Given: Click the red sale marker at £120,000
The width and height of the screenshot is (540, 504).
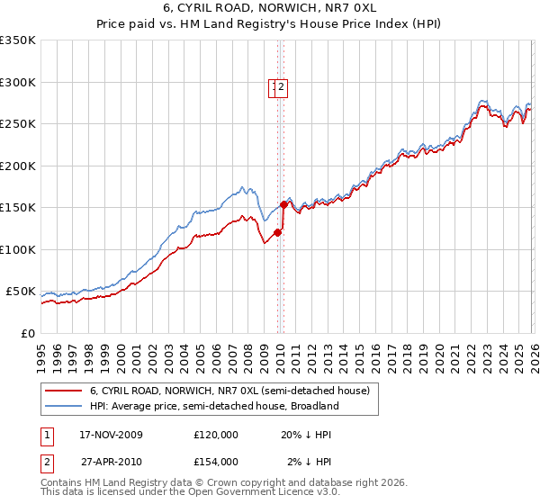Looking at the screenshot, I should coord(277,232).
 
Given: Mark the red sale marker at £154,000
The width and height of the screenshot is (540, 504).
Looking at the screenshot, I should coord(283,204).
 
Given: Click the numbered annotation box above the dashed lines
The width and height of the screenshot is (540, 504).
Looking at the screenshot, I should coord(278,87).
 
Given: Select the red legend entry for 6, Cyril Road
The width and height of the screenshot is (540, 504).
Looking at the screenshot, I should coord(229,391).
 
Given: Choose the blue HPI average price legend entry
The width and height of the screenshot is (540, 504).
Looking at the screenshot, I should coord(213,406).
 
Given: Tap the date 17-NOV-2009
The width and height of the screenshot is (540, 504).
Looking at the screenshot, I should coord(112,435).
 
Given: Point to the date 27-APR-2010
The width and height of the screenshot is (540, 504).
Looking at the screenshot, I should coord(112,461).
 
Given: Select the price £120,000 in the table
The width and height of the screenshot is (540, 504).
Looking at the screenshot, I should coord(215,435).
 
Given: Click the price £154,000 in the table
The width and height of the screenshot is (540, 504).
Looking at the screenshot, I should coord(215,461).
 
